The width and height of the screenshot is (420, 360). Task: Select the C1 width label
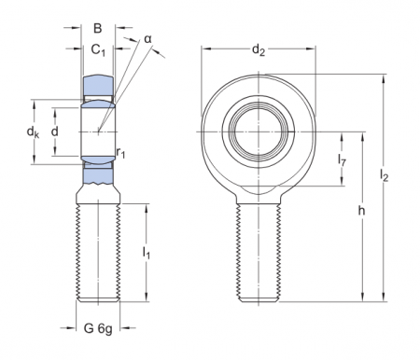tap(97, 50)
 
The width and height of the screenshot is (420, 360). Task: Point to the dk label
tap(35, 132)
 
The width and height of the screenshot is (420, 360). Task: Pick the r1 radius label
tap(121, 151)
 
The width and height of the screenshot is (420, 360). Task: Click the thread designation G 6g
tap(97, 328)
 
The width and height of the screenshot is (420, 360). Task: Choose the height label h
tap(361, 212)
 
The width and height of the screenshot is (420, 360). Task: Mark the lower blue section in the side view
tap(96, 170)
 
